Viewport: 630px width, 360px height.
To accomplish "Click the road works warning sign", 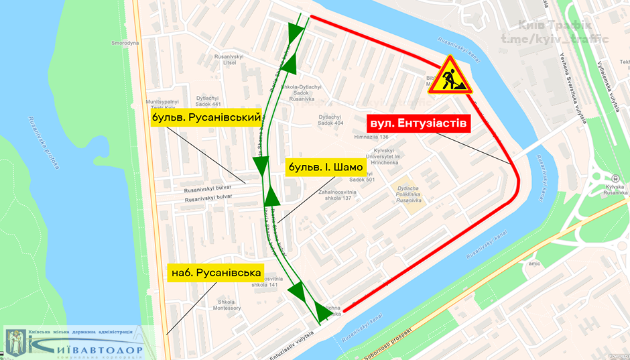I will [449, 76].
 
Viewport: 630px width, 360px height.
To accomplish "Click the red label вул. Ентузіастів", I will [416, 124].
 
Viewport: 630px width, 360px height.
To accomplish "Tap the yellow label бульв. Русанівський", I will [206, 118].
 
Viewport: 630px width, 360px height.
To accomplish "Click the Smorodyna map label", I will [125, 43].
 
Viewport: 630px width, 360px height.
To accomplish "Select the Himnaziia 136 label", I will [371, 137].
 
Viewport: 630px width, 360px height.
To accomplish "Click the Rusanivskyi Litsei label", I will [223, 59].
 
